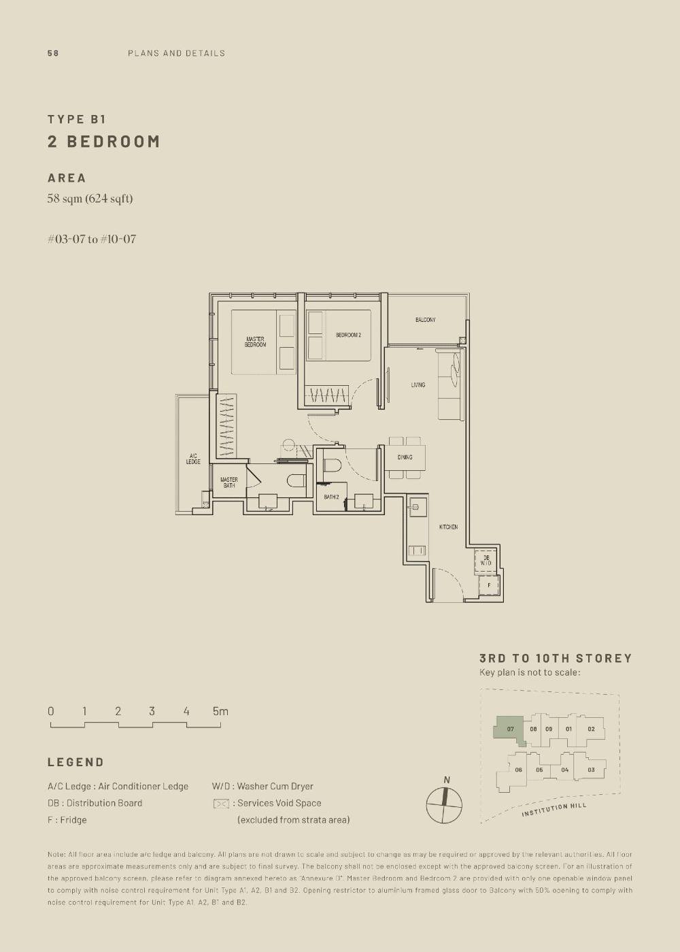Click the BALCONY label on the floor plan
425,320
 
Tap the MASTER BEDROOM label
256,342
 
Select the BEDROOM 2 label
348,335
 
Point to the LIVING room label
418,385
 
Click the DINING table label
405,457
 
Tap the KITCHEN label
448,527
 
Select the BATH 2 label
331,497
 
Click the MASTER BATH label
229,482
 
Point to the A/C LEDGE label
193,459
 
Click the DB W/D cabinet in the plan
486,561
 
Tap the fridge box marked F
488,585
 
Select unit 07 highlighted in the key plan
510,729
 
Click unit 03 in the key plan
591,770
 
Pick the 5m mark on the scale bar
220,712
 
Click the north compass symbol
444,805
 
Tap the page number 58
53,53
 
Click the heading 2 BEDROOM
104,142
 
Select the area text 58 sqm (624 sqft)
90,199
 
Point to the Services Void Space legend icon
221,804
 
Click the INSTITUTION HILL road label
554,810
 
